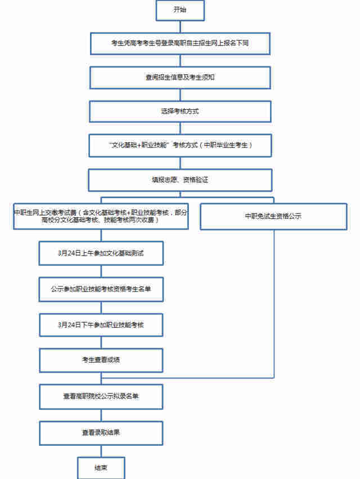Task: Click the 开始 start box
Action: [180, 10]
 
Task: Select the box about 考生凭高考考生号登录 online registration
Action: [180, 43]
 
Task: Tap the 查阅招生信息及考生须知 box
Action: [180, 77]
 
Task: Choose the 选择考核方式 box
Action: [180, 111]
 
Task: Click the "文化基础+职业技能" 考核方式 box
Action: [180, 145]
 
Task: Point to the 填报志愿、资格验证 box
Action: [180, 180]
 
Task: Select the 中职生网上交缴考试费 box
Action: [101, 216]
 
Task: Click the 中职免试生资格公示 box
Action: [273, 216]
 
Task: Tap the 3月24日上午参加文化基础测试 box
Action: [101, 253]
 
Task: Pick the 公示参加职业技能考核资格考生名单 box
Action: [101, 289]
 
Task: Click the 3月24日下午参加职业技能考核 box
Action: [101, 325]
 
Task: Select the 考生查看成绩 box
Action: [101, 360]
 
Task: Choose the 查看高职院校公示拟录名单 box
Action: [101, 396]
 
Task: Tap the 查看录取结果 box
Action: [101, 433]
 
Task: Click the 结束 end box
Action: [101, 468]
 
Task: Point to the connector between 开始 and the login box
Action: [180, 26]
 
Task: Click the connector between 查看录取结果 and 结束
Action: [101, 450]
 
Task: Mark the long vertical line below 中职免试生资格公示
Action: [274, 304]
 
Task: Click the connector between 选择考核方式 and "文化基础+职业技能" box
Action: [180, 128]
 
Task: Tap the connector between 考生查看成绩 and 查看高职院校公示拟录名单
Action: [101, 378]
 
